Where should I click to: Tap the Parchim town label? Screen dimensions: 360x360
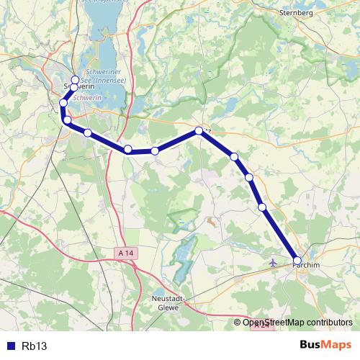point(305,266)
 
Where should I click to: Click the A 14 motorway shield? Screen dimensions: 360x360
point(126,253)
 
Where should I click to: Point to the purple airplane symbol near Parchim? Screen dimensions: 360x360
point(273,262)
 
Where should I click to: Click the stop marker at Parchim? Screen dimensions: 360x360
point(297,260)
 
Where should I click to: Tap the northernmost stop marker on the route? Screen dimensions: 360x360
point(75,79)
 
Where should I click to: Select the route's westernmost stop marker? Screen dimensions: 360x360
point(63,103)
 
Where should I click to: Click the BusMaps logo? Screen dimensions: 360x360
point(326,345)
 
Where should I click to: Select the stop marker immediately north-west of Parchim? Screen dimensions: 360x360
point(263,207)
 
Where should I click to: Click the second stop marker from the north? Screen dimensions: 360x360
point(74,87)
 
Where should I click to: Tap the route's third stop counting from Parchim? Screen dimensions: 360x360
point(248,177)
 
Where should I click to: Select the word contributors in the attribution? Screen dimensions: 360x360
point(328,322)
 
